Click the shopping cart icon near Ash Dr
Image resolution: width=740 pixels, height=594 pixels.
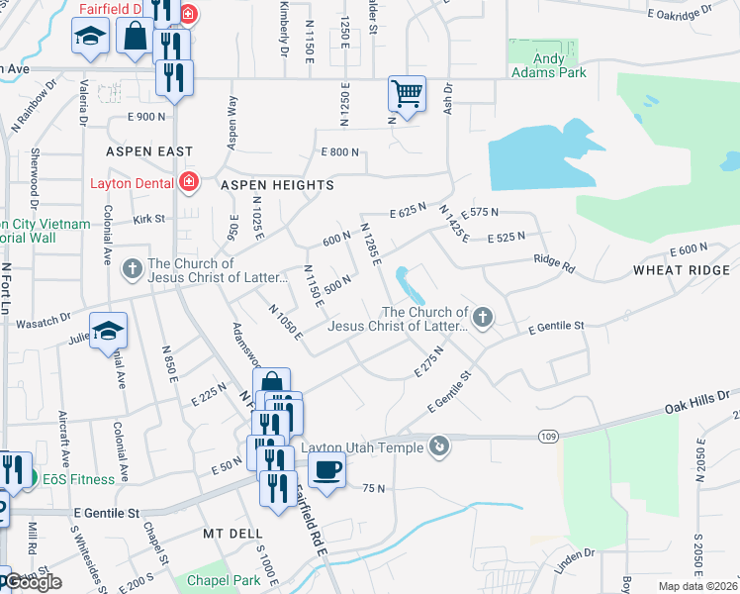coord(407,94)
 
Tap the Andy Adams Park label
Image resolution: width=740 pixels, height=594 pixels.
coord(549,65)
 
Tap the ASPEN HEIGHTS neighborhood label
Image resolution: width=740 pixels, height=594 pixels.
coord(277,185)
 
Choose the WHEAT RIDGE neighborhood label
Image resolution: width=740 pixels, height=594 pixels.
coord(682,270)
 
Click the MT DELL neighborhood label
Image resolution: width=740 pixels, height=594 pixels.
coord(230,533)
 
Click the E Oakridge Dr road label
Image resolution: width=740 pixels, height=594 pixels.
coord(680,12)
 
